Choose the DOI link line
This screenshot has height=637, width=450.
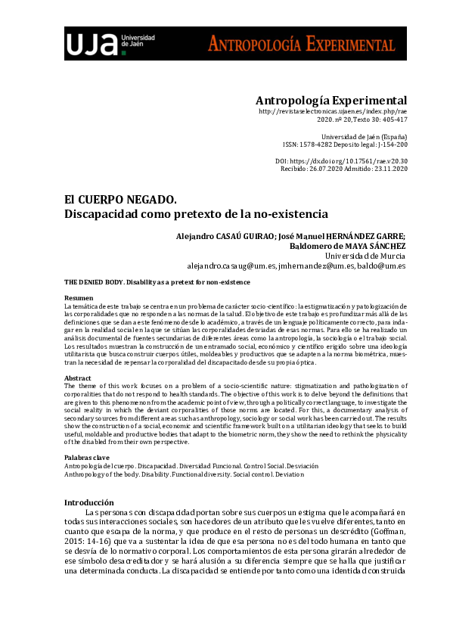coord(342,160)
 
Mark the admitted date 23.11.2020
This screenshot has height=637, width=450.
coord(387,169)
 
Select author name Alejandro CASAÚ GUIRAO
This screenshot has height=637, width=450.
coord(222,235)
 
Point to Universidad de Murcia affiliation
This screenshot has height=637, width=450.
coord(365,256)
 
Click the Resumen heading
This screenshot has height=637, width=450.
coord(79,298)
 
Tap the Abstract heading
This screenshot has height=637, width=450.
coord(77,378)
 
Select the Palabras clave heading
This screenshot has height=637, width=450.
coord(86,458)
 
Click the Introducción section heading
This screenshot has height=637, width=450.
coord(88,502)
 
